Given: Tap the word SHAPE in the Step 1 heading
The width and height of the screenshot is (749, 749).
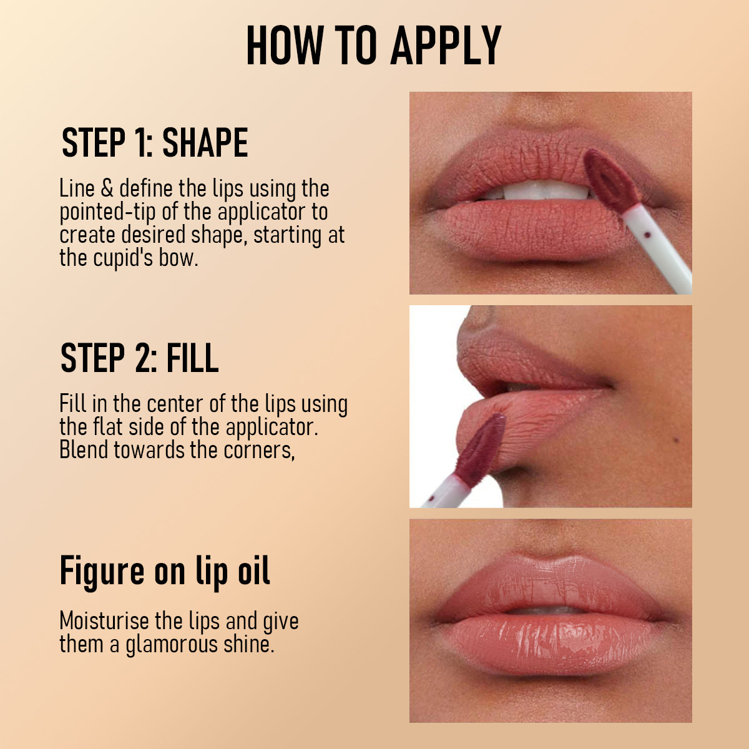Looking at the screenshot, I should click(205, 143).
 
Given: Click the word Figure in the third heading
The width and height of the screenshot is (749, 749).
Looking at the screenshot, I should click(102, 571).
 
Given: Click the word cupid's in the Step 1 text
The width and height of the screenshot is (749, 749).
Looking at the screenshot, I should click(122, 258).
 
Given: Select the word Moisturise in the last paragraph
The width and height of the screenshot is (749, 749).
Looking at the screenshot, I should click(104, 622).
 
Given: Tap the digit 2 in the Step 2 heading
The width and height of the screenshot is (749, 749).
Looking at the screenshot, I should click(139, 358).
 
